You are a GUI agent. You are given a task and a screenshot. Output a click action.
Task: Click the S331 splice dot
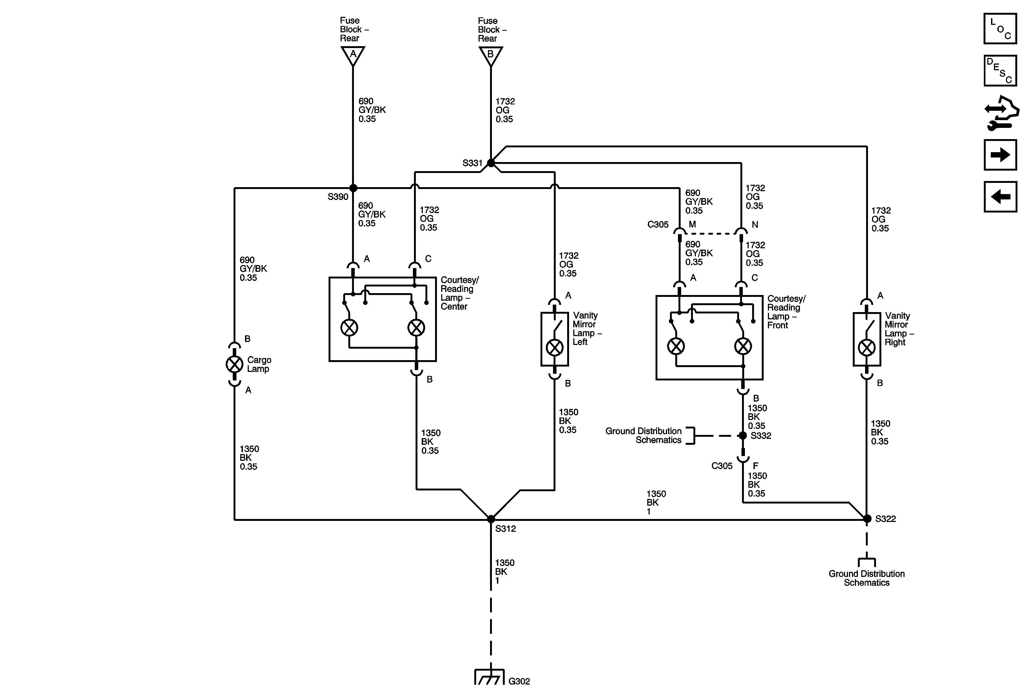point(491,163)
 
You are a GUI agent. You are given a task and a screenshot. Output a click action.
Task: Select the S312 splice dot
point(491,519)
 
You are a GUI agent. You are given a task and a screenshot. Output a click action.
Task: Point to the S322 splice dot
point(867,518)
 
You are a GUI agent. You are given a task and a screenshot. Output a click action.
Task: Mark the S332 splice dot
point(743,436)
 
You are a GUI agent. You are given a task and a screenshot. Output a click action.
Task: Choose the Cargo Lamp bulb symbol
point(234,364)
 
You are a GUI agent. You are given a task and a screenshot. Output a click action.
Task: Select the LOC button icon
point(1000,29)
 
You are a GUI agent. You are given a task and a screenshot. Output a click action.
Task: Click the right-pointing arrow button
point(1000,155)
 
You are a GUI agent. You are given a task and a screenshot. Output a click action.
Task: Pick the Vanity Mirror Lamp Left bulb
point(554,347)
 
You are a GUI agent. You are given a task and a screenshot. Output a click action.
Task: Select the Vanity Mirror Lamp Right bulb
point(866,347)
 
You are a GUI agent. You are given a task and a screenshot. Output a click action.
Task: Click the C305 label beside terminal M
point(658,225)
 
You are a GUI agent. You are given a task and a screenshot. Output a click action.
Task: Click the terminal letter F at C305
point(755,466)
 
